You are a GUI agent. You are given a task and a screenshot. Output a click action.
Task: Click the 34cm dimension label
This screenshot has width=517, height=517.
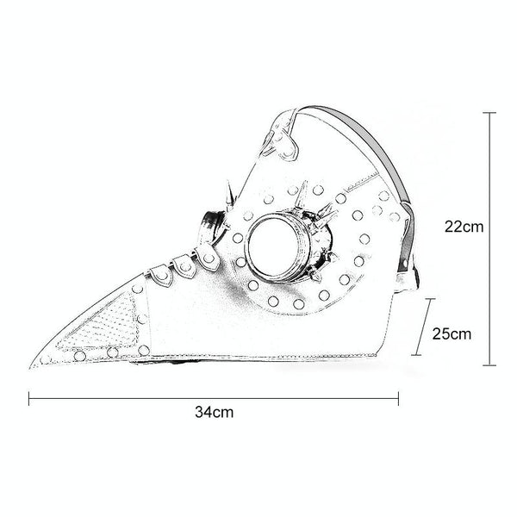coord(214,412)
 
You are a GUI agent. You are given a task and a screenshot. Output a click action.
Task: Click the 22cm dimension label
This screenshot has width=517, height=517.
coord(464,227)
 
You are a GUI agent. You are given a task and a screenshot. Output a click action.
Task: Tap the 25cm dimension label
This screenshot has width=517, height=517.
coord(452,334)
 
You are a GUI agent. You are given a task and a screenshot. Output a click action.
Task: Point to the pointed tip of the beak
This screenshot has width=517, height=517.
coord(30,368)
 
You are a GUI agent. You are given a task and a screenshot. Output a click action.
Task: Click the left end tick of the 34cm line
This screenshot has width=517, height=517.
coord(29,398)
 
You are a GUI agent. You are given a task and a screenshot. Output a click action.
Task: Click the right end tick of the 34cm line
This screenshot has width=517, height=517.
coord(398,398)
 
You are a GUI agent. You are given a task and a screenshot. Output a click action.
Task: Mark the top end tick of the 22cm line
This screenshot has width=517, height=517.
coord(489,113)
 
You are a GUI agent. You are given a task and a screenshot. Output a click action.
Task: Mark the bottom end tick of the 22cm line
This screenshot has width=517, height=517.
coord(489,365)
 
